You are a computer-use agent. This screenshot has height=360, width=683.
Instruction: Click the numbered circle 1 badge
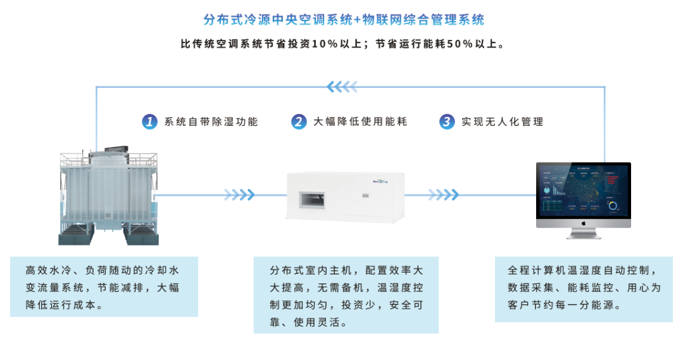click(x=149, y=121)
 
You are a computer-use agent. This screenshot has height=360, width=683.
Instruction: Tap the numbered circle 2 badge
click(x=299, y=121)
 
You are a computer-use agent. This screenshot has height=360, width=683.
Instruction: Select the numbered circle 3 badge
click(x=447, y=121)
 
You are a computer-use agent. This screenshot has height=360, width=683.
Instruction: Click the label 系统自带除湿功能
click(x=211, y=122)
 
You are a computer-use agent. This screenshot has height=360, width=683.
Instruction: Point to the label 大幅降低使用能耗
click(x=360, y=122)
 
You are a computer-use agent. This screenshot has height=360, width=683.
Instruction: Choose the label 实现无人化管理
click(x=502, y=122)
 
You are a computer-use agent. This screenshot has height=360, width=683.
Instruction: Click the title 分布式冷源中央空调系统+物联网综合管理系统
click(x=344, y=20)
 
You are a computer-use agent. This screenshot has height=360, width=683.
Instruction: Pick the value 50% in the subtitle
click(x=460, y=45)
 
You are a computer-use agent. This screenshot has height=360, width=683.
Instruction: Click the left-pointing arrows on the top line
click(x=342, y=87)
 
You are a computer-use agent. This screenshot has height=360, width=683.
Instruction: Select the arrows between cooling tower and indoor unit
click(x=239, y=194)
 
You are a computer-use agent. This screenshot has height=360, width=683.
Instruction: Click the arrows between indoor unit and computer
click(x=444, y=194)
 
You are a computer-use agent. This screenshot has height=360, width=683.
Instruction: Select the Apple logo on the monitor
click(x=583, y=223)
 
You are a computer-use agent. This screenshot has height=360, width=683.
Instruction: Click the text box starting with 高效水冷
click(x=104, y=287)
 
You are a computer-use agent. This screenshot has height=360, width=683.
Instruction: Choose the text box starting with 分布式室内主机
click(x=346, y=295)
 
